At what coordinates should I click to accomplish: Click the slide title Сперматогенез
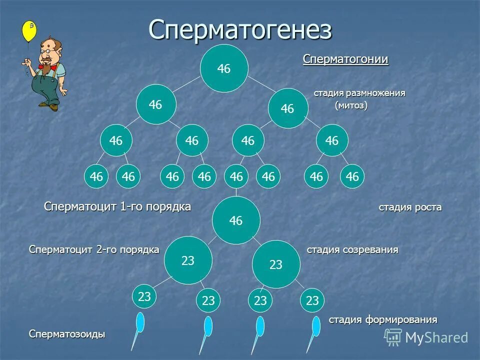[240, 30]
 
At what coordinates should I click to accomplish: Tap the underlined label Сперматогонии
[345, 59]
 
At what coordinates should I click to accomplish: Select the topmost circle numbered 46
[224, 69]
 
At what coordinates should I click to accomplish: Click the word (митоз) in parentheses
[351, 105]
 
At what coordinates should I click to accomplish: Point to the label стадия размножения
[359, 93]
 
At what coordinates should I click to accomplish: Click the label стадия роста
[410, 207]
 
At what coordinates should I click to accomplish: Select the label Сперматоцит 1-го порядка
[117, 207]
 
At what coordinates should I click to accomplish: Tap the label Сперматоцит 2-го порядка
[94, 249]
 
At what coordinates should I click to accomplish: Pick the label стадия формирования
[382, 319]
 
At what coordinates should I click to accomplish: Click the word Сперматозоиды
[67, 334]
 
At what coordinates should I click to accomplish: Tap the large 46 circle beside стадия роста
[236, 220]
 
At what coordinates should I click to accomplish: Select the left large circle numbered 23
[188, 260]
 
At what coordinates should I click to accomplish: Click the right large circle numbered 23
[276, 264]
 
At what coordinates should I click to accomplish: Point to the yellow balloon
[29, 31]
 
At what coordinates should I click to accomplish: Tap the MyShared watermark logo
[426, 337]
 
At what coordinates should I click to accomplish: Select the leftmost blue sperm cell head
[140, 322]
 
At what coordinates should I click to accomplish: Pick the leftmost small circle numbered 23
[144, 296]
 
